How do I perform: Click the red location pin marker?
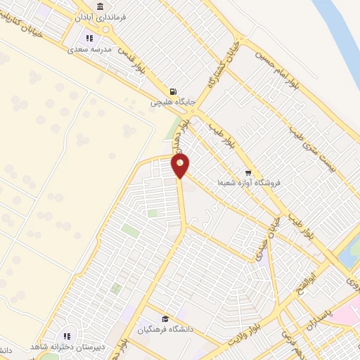coord(181,166)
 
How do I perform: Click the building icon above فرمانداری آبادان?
coord(100,6)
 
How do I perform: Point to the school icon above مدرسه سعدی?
coord(89,39)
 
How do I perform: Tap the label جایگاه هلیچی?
coord(172,103)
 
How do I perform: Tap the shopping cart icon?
coord(247,172)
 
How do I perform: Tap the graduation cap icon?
coord(165,319)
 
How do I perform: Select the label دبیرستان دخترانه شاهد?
coord(68,347)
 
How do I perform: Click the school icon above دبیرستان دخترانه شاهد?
coord(68,335)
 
